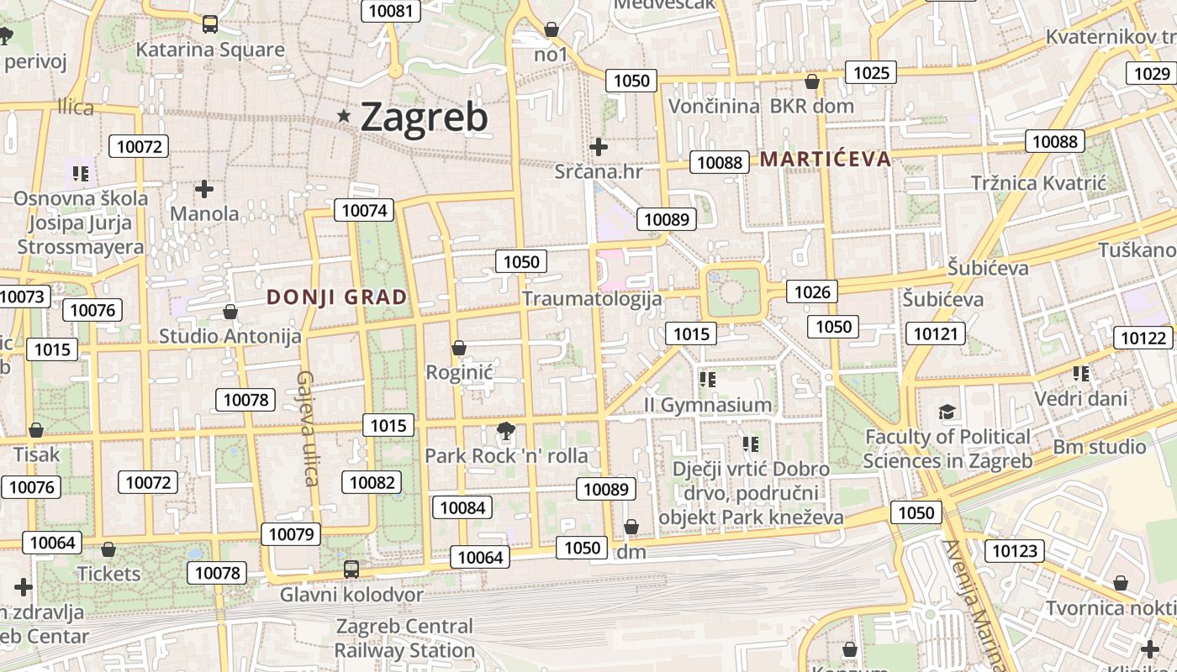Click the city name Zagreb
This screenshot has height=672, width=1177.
424,117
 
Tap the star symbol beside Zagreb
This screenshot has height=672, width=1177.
344,116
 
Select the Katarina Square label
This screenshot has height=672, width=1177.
210,50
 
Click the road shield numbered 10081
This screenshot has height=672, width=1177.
391,11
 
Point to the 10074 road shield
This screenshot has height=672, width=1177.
365,210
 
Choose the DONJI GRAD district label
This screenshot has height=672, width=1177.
337,297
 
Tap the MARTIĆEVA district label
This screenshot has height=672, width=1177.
825,159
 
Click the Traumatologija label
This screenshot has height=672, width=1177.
592,298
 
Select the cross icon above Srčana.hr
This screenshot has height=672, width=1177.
599,147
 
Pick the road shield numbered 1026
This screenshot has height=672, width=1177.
812,291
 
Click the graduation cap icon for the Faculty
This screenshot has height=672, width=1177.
947,412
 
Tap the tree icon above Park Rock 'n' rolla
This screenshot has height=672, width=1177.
506,432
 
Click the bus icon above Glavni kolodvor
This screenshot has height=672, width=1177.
351,569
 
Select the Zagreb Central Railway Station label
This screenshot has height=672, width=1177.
404,638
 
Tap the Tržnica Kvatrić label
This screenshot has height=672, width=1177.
1039,183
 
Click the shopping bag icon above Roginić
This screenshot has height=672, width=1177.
459,348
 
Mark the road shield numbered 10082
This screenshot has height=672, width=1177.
372,482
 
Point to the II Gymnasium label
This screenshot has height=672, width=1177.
708,405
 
